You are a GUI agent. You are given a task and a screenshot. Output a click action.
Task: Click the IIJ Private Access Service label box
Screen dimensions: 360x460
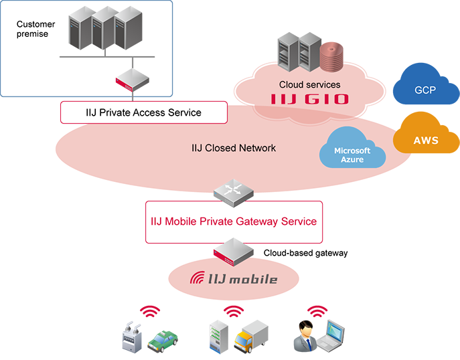(144, 112)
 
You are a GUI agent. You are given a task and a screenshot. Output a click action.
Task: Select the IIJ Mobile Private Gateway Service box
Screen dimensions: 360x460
(233, 221)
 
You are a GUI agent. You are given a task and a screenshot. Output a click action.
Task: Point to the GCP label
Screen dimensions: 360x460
(425, 89)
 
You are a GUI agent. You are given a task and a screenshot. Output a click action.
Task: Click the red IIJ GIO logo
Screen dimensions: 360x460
(309, 100)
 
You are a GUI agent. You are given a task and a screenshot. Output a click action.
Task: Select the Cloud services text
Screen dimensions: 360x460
(309, 85)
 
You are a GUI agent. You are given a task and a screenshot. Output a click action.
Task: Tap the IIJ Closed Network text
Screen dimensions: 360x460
(233, 148)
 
